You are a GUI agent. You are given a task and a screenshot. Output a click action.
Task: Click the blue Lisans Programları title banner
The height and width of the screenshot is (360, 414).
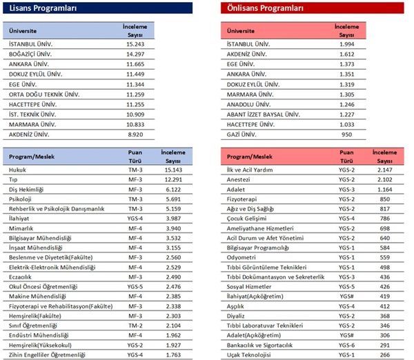(97, 8)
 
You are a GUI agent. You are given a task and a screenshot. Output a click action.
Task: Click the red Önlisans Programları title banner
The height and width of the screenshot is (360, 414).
(313, 8)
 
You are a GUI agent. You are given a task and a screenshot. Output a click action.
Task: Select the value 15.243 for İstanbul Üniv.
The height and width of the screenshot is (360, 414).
(135, 44)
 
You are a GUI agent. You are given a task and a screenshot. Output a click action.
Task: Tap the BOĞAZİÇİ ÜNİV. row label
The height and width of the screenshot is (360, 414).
(30, 54)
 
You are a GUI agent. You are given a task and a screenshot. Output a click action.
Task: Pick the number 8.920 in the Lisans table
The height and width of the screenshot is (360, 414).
(135, 134)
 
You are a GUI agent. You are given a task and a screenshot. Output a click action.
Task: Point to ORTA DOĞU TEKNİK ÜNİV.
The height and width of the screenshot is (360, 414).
(44, 94)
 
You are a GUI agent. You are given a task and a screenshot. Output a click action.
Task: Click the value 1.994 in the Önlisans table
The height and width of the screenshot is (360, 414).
(346, 44)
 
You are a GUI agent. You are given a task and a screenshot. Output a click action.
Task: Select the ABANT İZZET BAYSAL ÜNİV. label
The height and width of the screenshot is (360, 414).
(264, 114)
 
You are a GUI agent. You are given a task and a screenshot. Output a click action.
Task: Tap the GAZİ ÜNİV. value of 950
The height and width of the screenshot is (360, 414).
(346, 134)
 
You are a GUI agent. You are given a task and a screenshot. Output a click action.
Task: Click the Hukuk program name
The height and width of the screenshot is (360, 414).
(17, 170)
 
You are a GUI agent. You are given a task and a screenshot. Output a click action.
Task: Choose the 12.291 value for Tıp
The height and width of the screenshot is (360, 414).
(173, 179)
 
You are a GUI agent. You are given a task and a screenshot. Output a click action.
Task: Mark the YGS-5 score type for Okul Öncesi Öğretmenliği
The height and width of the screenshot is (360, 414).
(135, 287)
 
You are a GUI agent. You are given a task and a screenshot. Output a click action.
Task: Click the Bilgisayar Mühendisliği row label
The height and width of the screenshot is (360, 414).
(40, 238)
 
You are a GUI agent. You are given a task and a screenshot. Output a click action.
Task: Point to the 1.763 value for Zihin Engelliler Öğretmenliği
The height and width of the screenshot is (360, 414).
(173, 355)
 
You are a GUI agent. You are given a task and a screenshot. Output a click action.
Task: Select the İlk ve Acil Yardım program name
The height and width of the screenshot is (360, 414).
(250, 170)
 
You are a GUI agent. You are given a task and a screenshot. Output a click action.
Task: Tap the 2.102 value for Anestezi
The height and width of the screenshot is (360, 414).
(385, 179)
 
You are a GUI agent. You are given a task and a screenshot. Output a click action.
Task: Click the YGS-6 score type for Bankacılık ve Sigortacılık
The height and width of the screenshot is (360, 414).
(346, 346)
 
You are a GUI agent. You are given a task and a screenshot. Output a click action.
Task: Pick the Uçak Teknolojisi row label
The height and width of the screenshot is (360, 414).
(248, 355)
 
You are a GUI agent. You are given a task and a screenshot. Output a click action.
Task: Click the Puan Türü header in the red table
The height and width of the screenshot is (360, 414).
(346, 157)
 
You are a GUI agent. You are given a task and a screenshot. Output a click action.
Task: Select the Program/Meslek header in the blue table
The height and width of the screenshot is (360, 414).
(32, 157)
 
